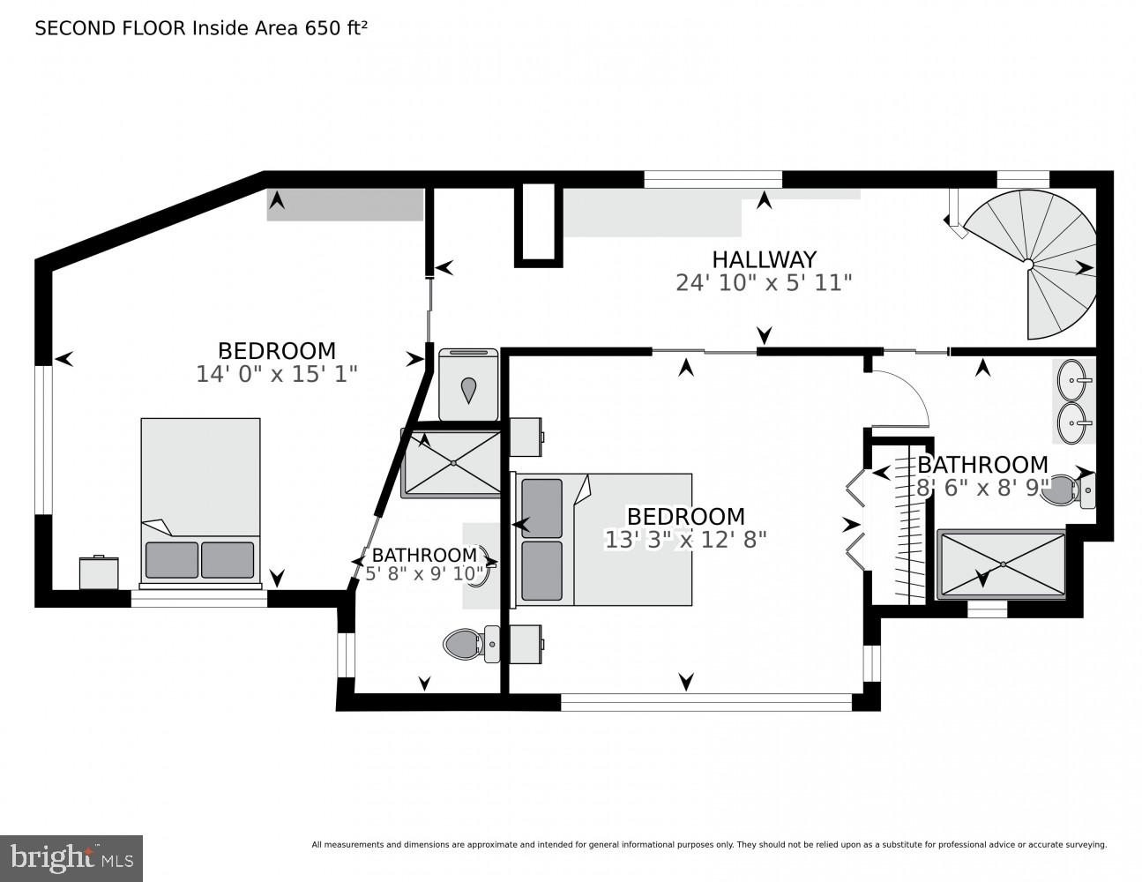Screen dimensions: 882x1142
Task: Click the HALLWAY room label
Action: pos(764,259)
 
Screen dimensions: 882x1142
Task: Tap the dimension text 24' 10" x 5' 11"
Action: pos(764,283)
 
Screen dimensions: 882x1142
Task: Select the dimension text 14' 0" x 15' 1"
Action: pos(276,374)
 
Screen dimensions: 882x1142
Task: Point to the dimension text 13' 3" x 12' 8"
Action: pos(685,539)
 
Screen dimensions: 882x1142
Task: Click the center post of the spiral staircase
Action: pos(1028,263)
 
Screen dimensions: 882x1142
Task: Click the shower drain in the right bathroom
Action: pos(1001,564)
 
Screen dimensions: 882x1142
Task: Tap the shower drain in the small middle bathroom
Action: pos(453,462)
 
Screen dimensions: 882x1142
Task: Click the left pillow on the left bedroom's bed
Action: pos(172,560)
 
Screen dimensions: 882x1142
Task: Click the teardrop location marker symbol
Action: pos(468,389)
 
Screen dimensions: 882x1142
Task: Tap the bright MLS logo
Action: pos(71,857)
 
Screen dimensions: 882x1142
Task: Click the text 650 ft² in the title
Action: pos(335,28)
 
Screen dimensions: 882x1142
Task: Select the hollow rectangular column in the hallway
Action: pos(539,224)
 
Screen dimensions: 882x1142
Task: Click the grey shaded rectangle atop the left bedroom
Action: pos(345,205)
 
